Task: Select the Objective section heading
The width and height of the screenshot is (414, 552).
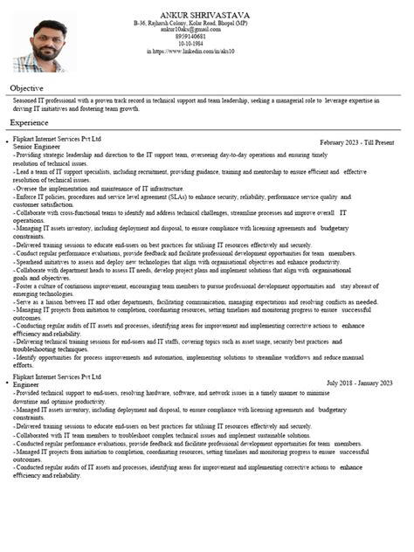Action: [26, 88]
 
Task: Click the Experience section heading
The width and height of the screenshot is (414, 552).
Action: [29, 123]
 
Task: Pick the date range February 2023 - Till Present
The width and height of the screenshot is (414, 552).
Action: [356, 141]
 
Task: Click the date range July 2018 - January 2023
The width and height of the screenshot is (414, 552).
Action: [359, 383]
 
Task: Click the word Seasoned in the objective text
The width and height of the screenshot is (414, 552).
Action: [26, 101]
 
